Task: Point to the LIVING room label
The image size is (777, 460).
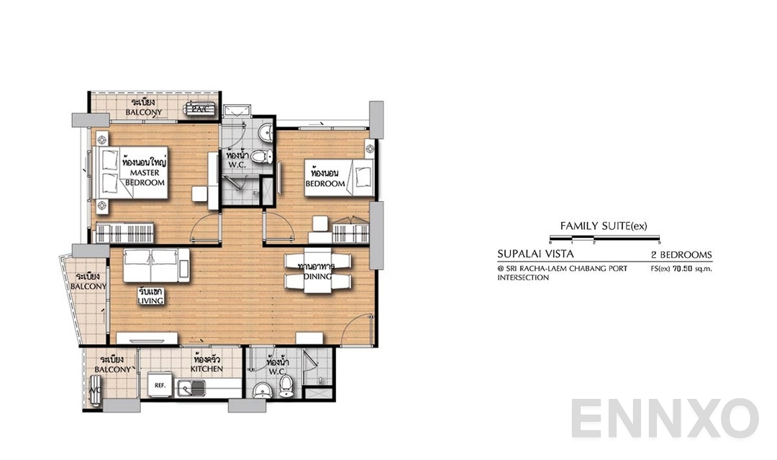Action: point(151,296)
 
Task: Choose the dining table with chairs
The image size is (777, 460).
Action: point(316,272)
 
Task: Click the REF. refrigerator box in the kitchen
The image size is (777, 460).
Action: point(160,385)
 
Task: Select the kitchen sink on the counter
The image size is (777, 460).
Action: point(192,389)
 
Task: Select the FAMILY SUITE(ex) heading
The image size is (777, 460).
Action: point(604,226)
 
